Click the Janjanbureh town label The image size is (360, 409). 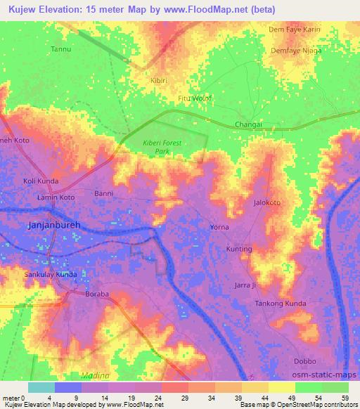pyautogui.click(x=55, y=227)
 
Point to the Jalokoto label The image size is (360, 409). pyautogui.click(x=266, y=202)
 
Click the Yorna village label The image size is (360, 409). pyautogui.click(x=219, y=228)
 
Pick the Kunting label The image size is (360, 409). pyautogui.click(x=238, y=249)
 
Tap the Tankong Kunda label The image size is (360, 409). pyautogui.click(x=281, y=303)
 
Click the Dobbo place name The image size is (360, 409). pyautogui.click(x=304, y=361)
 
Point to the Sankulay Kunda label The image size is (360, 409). pyautogui.click(x=50, y=273)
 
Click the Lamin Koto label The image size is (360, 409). pyautogui.click(x=56, y=198)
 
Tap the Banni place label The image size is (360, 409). pyautogui.click(x=103, y=192)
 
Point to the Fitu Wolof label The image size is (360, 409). pyautogui.click(x=194, y=98)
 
